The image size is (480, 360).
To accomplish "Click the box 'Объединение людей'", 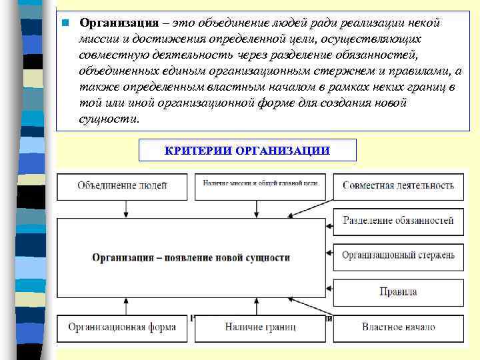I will (123, 185).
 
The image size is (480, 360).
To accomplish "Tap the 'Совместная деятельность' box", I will (398, 185).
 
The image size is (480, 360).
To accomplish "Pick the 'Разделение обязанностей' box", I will (398, 221).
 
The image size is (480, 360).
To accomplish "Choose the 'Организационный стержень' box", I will (398, 255).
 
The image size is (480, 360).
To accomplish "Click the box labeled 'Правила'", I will (398, 291).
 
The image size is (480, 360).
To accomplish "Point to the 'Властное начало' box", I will (398, 327).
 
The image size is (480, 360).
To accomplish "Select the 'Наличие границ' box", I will (261, 327).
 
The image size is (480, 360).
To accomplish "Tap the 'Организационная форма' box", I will (123, 327).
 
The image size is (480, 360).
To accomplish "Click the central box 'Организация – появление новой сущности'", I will (191, 257).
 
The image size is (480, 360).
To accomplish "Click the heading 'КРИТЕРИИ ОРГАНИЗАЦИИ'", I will (247, 150).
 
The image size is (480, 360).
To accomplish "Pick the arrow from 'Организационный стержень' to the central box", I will (328, 255).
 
